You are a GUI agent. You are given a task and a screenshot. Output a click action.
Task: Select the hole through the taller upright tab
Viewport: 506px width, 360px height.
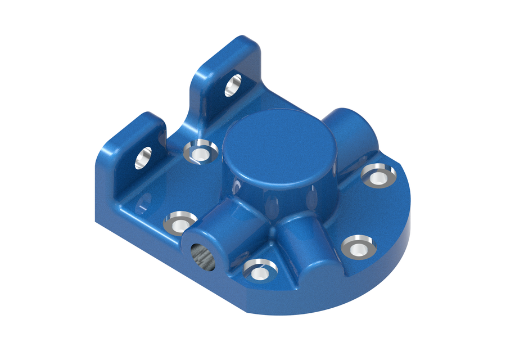[233, 85]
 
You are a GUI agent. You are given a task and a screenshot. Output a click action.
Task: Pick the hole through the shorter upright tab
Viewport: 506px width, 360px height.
[144, 158]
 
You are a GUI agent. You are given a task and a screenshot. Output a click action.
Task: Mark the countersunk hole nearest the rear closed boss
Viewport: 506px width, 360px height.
[378, 175]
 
